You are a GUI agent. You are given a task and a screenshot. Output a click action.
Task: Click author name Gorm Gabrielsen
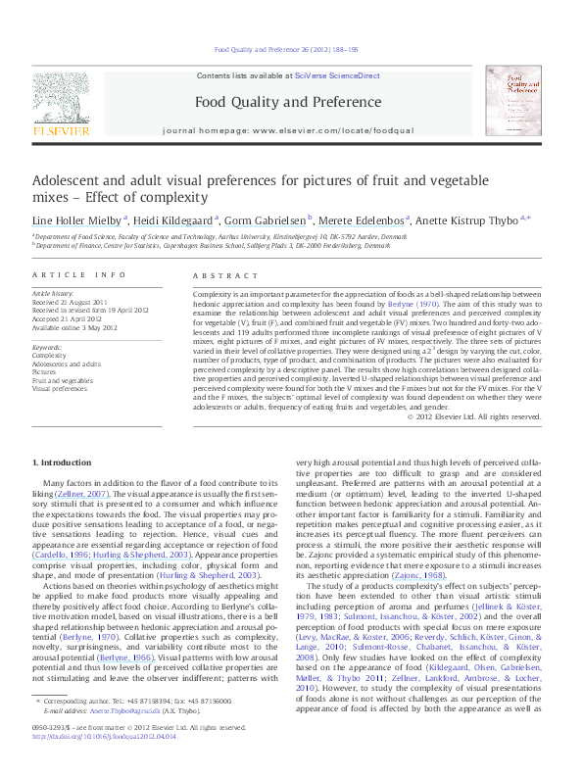point(268,221)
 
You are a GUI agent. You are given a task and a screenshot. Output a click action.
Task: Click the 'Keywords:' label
point(48,347)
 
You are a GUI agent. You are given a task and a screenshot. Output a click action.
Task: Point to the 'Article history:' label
point(53,293)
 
